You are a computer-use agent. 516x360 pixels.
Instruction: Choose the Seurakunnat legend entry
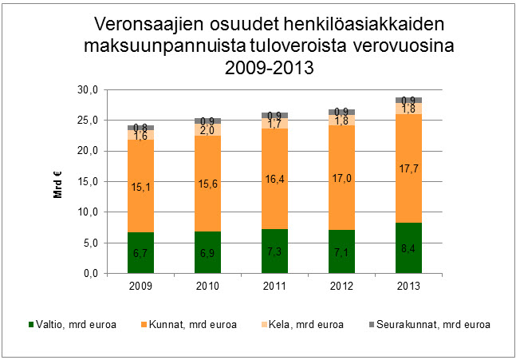coord(434,325)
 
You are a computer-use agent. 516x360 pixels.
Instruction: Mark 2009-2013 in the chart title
coord(270,68)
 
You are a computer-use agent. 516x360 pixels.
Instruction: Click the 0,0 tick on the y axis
coord(89,274)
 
